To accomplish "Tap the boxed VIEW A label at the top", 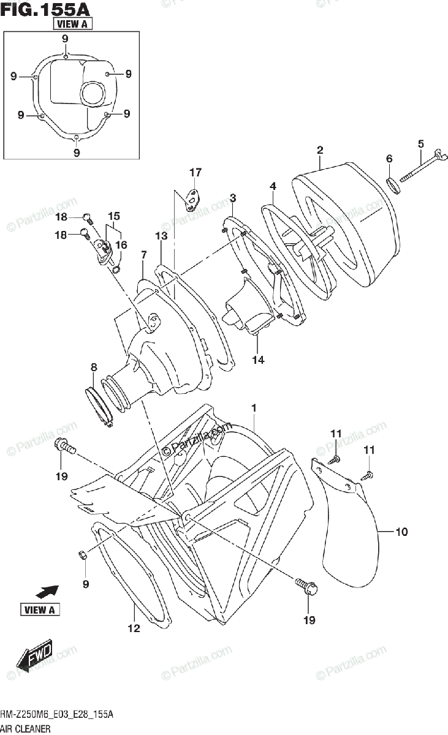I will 73,24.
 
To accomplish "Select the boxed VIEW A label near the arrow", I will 41,609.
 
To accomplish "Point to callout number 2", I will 320,150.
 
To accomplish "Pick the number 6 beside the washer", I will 389,159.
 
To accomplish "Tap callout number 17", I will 195,172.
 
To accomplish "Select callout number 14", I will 258,360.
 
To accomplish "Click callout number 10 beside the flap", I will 401,532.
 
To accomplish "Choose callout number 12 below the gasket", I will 134,628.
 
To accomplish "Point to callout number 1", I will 253,407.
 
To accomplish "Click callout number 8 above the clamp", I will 94,367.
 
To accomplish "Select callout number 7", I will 143,254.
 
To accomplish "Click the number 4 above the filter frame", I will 273,186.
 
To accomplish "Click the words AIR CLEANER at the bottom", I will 26,728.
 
